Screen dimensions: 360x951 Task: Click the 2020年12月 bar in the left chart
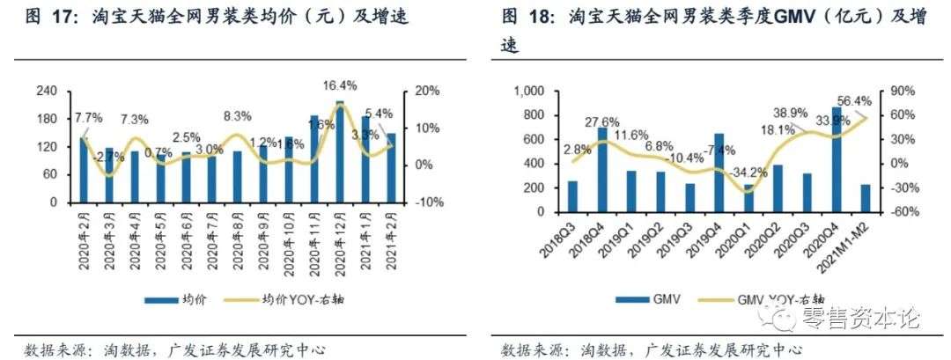(x=340, y=152)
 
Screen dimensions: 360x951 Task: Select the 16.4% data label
(x=341, y=85)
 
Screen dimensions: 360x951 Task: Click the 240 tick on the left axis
(x=50, y=91)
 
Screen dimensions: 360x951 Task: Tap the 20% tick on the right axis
(x=426, y=91)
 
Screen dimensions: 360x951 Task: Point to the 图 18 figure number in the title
(x=521, y=17)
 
